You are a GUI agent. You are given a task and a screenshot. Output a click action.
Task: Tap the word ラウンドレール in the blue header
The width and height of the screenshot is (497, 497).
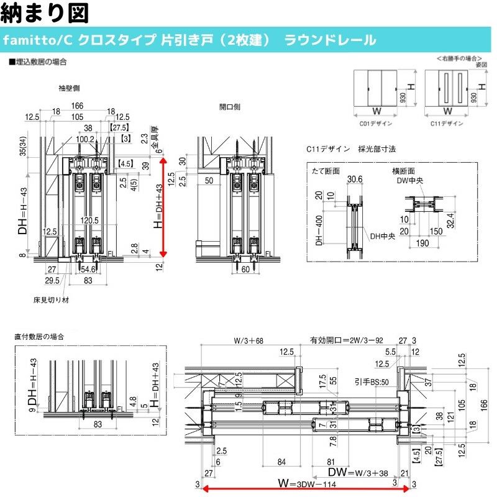(330, 40)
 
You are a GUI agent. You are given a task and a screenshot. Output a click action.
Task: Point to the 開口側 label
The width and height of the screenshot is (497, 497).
(230, 107)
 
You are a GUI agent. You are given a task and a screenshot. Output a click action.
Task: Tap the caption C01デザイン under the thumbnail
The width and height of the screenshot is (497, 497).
(376, 124)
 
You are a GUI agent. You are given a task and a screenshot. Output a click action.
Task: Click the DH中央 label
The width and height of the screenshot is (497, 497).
(383, 236)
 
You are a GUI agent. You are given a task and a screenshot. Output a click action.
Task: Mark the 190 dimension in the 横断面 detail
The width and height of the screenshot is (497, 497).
(423, 244)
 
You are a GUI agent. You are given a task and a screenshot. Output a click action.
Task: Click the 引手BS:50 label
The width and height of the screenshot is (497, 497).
(368, 382)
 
